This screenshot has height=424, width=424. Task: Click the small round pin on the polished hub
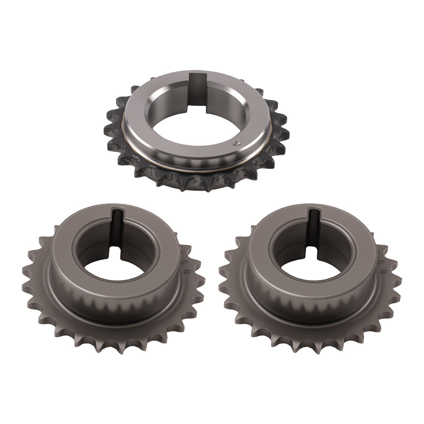(236, 143)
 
